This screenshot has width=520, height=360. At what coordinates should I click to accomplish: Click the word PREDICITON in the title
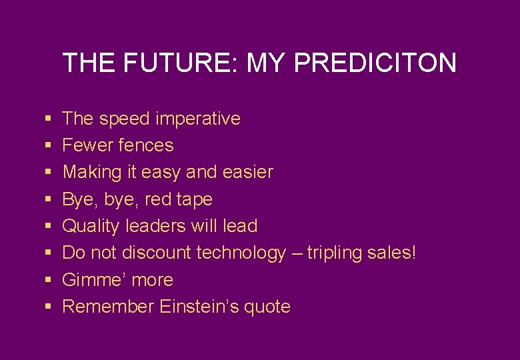(375, 63)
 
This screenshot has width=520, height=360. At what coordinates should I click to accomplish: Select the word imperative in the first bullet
(197, 119)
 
